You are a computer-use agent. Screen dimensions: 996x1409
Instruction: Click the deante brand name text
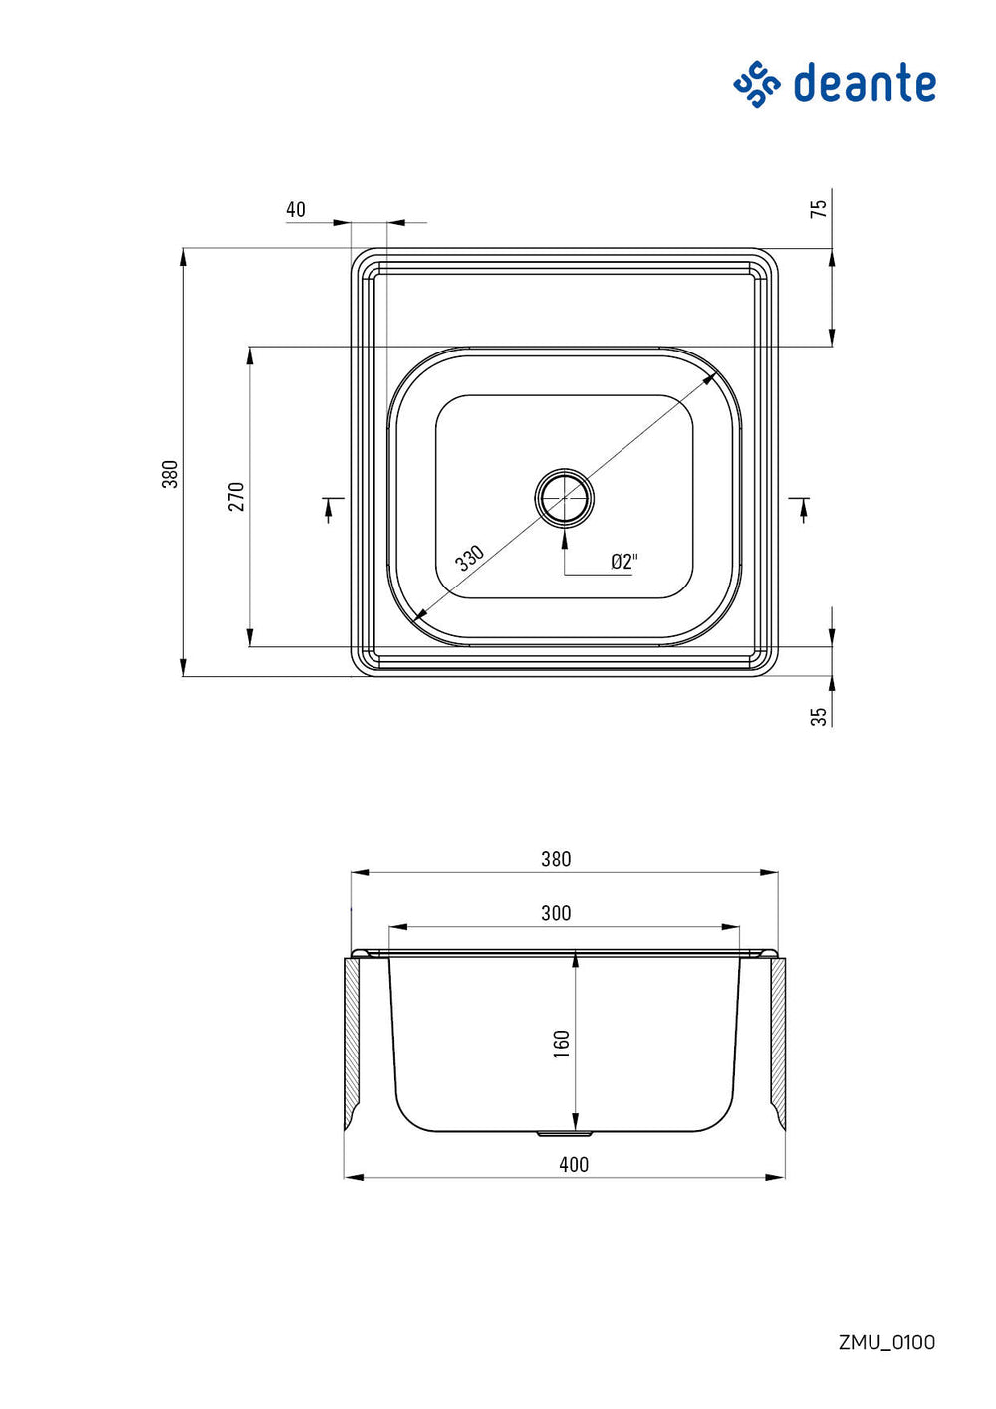tap(864, 82)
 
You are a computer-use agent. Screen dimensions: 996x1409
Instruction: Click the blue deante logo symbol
tap(757, 85)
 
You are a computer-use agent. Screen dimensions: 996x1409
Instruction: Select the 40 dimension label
tap(296, 209)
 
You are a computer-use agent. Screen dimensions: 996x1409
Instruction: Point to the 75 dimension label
tap(819, 208)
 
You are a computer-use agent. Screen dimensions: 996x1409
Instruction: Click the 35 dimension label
tap(819, 717)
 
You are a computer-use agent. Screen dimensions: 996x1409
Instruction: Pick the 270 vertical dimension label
tap(237, 496)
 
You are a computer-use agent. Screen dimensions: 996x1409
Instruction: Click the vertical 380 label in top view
tap(170, 474)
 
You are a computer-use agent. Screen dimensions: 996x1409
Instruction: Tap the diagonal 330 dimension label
tap(470, 558)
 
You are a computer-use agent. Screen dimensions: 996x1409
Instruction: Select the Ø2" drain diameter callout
tap(624, 561)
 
